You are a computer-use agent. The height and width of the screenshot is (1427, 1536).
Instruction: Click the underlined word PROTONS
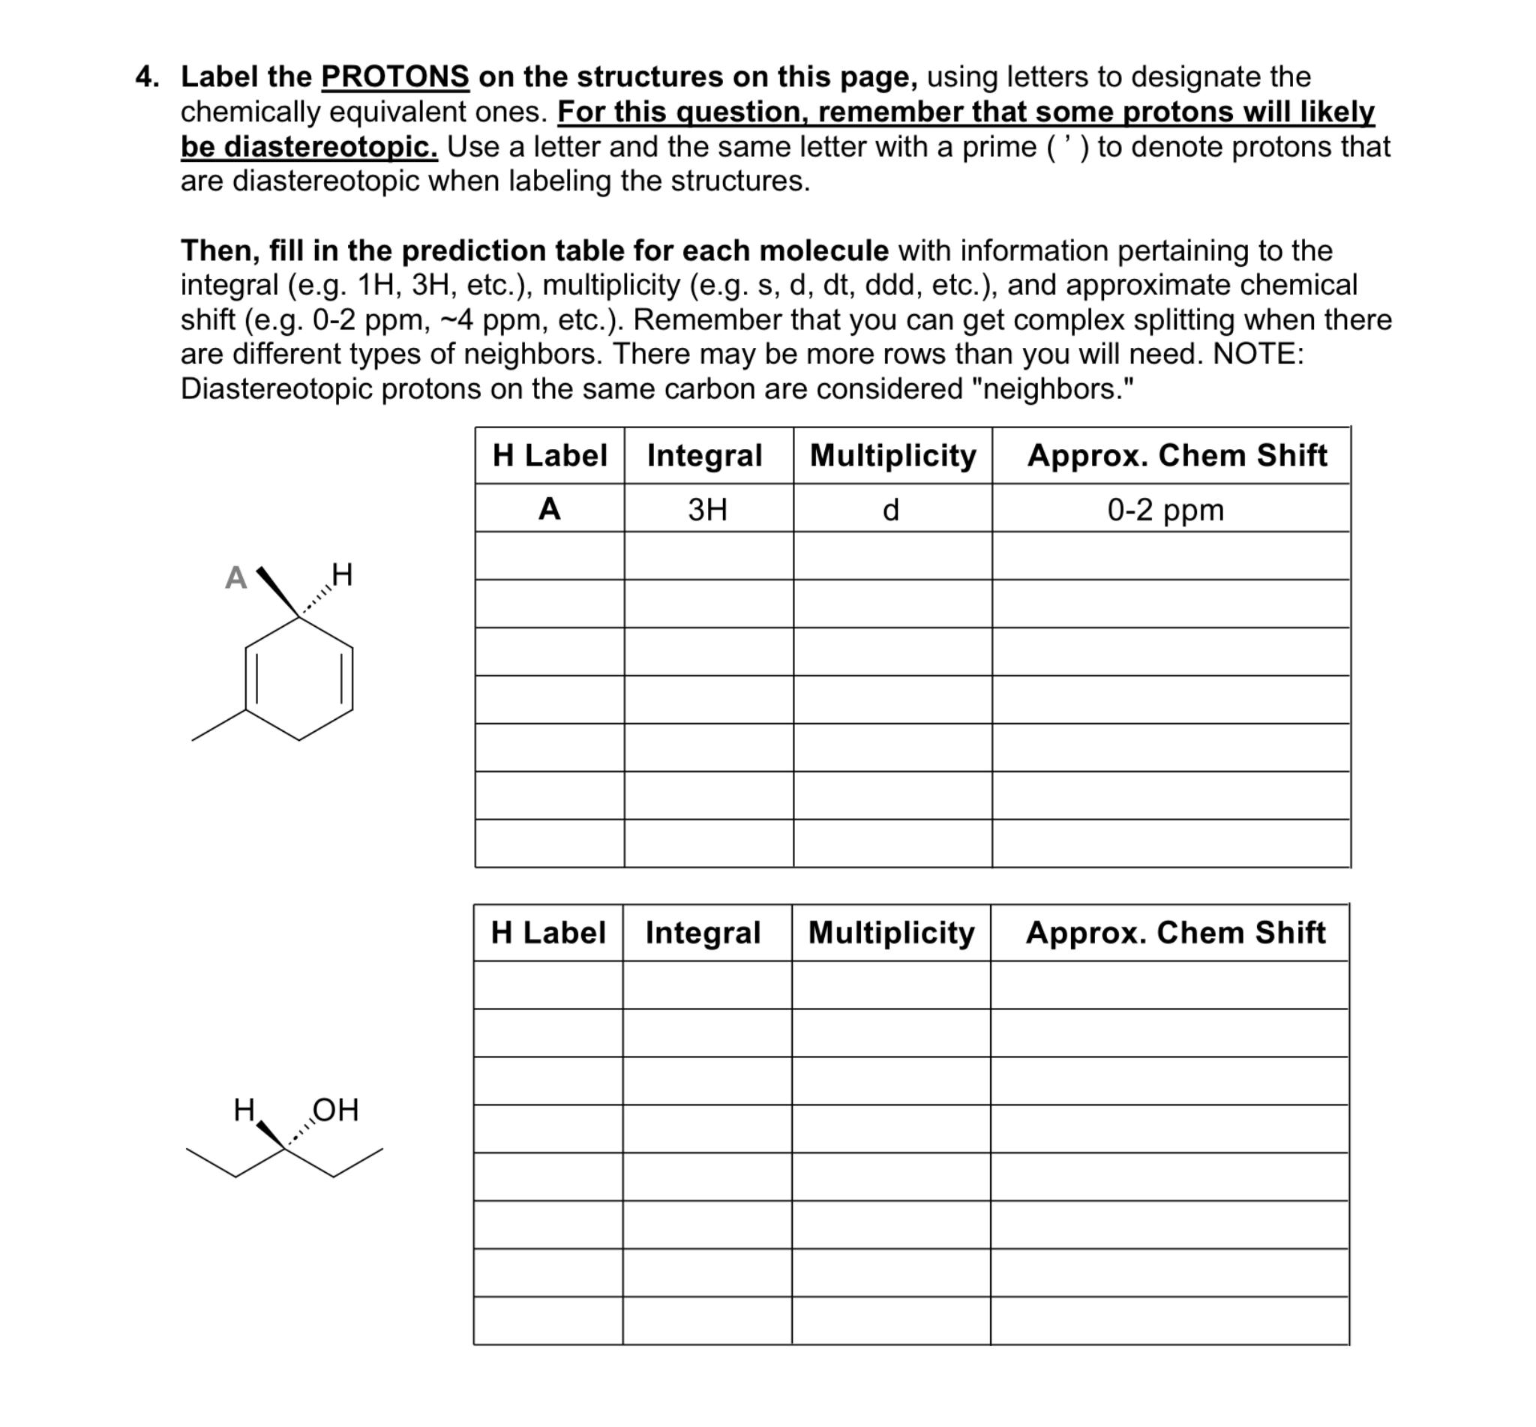pos(394,76)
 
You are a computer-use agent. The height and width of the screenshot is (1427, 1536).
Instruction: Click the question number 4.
pos(146,76)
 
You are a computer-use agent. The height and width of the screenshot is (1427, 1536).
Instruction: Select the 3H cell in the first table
pos(706,510)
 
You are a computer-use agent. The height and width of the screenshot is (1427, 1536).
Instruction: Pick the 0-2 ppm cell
pos(1165,510)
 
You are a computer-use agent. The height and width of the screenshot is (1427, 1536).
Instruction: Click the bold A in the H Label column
pos(548,509)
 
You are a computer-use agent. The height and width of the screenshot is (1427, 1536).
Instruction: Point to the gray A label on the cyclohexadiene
pos(235,577)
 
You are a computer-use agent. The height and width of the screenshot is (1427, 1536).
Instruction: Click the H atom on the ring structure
pos(341,574)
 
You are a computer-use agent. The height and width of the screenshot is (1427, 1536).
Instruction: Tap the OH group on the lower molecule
pos(335,1110)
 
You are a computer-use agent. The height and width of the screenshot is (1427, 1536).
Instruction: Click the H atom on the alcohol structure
pos(244,1110)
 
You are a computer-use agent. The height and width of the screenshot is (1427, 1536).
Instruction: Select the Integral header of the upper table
pos(704,455)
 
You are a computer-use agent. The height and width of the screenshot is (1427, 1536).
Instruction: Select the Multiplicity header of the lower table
pos(891,932)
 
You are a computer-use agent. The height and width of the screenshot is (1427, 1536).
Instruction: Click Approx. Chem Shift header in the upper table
pos(1176,455)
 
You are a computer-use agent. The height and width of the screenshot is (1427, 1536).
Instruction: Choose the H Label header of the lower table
pos(548,932)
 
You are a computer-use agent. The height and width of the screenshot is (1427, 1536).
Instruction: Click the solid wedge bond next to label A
pos(278,593)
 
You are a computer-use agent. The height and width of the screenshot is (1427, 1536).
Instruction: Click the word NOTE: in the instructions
pos(1257,354)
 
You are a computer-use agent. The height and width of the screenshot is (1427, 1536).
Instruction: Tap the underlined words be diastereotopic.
pos(309,146)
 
